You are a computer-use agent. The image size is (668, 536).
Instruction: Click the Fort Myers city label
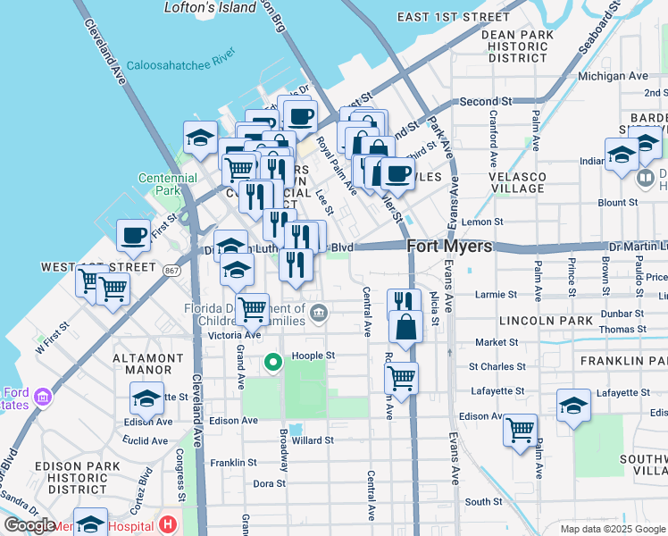coord(449,246)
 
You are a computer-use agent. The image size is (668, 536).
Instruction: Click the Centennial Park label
coord(168,184)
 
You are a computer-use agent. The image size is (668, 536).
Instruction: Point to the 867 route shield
coord(172,268)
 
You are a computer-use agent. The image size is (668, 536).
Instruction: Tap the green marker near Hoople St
coord(273,362)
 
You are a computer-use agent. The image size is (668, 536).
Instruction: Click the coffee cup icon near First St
coord(133,236)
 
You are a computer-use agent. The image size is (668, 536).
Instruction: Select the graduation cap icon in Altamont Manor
coord(146,398)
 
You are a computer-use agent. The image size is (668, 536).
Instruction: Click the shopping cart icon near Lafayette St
coord(401,377)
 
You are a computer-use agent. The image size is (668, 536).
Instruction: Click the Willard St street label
coord(313,440)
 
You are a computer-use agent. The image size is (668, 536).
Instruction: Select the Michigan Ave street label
coord(613,76)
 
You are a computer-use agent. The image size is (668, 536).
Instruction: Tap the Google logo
coord(29,525)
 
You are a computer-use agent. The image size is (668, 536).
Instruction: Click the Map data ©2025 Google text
coord(612,529)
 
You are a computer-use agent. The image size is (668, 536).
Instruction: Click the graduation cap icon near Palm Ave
coord(573,406)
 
